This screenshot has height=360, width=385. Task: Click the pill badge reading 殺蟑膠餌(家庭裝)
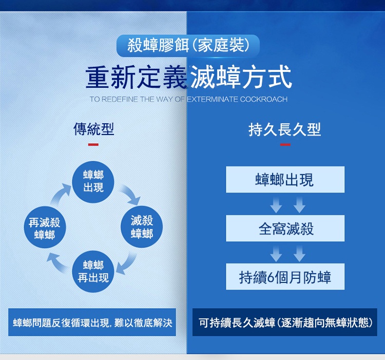tap(188, 46)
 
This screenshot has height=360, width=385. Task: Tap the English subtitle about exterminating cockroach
tap(188, 99)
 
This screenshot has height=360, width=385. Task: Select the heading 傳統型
tap(93, 129)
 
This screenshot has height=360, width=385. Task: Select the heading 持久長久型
tap(284, 129)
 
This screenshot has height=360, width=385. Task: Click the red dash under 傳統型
tap(93, 145)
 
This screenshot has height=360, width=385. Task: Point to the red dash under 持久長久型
tap(285, 145)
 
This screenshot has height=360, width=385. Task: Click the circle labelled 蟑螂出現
tap(93, 182)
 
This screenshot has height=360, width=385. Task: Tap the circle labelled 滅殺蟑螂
tap(142, 226)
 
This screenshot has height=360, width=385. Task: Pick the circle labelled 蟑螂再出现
tap(93, 271)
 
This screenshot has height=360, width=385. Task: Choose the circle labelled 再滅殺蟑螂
tap(45, 227)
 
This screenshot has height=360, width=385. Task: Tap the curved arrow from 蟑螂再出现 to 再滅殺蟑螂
tap(57, 263)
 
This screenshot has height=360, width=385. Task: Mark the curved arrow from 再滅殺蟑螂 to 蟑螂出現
tap(60, 194)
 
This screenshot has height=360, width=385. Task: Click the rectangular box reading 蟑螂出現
tap(285, 180)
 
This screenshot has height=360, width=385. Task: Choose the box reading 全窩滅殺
tap(285, 228)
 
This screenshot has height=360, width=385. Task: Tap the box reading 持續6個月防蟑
tap(285, 276)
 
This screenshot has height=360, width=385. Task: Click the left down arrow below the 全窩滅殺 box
tap(276, 254)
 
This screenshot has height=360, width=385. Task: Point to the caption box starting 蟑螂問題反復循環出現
tap(92, 322)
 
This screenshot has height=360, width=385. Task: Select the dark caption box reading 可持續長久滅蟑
tap(285, 322)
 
